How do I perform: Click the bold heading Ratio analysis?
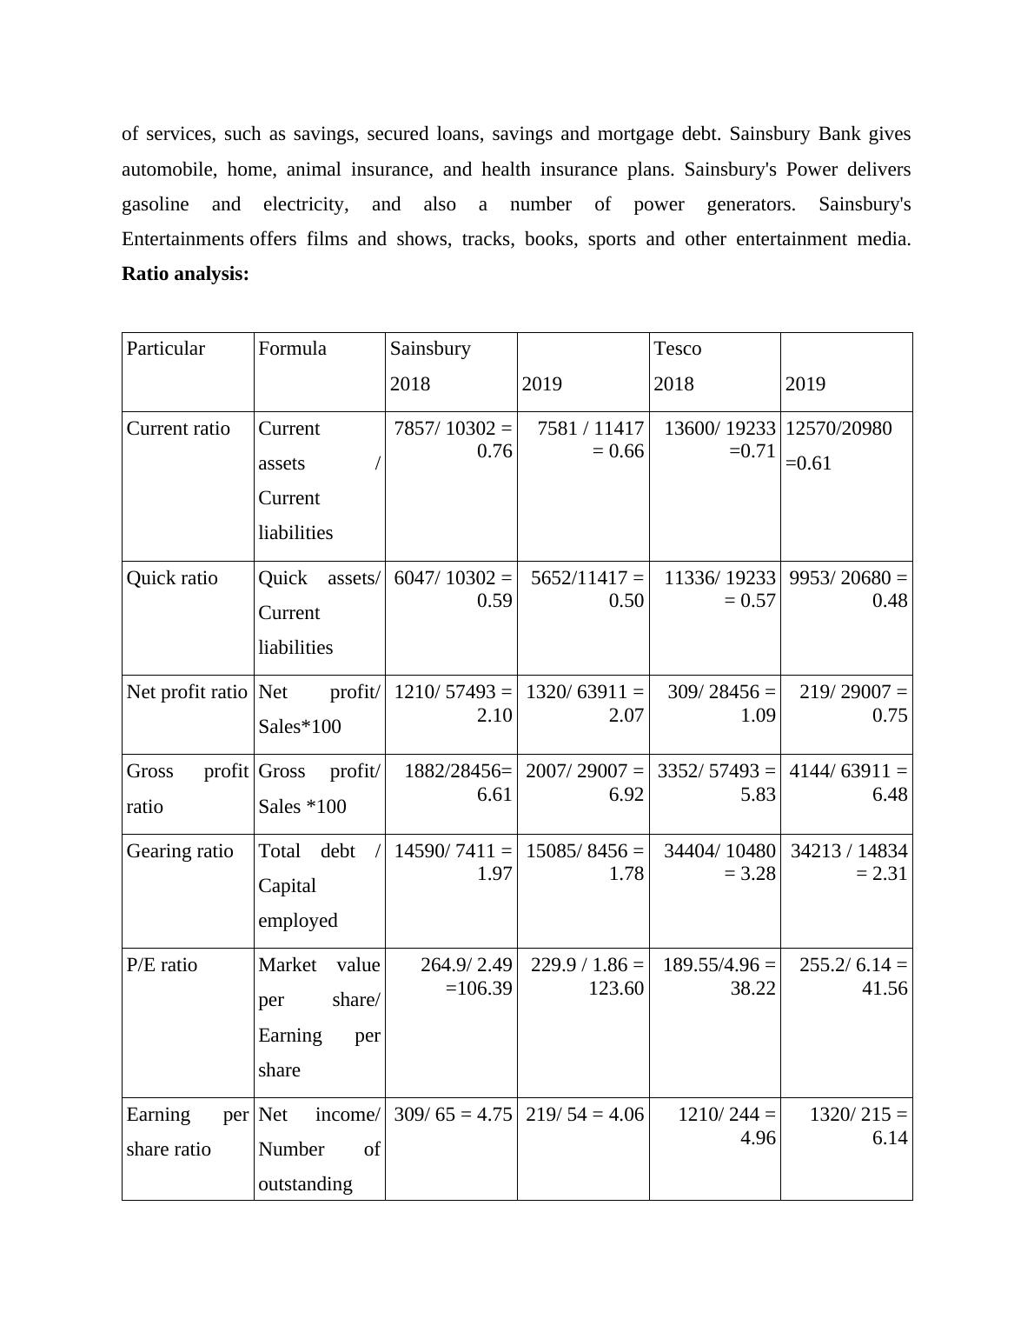click(185, 274)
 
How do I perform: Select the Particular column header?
click(166, 349)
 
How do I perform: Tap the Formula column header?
click(292, 349)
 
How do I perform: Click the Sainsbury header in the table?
click(430, 349)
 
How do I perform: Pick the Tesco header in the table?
click(677, 349)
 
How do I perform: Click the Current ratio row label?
click(178, 429)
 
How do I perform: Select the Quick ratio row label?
click(172, 578)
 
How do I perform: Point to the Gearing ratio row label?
click(180, 851)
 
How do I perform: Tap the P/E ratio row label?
click(162, 965)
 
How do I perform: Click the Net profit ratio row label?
click(187, 692)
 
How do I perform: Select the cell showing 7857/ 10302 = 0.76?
click(453, 440)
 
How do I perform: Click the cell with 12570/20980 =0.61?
click(838, 445)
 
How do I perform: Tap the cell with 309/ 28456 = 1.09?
click(721, 703)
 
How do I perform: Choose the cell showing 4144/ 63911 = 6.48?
click(848, 783)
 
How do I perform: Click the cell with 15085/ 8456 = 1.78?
click(585, 863)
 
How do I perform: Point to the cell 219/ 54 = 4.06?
click(585, 1115)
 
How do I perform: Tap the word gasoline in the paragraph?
click(156, 204)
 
